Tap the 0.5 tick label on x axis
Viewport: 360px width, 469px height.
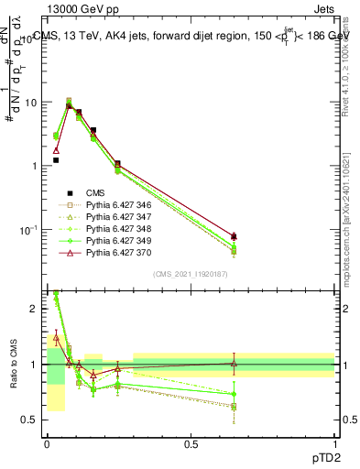(x=191, y=443)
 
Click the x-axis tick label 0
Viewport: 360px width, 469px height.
(x=47, y=443)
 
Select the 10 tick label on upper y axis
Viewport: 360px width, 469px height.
(x=31, y=103)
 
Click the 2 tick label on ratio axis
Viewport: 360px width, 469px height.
(x=35, y=309)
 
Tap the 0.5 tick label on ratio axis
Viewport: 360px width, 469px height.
(x=31, y=420)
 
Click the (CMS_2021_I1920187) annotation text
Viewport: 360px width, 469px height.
(x=191, y=274)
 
